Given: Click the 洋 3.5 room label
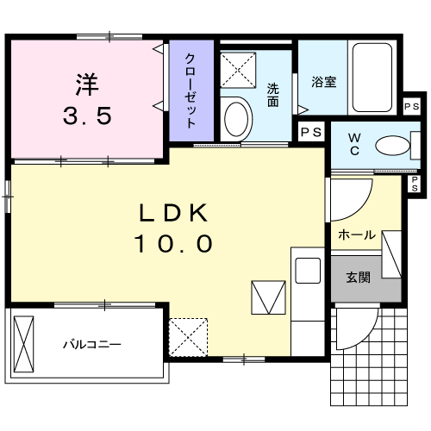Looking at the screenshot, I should click(85, 99).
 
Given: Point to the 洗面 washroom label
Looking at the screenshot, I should click(272, 95).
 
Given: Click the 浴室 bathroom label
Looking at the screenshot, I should click(323, 84).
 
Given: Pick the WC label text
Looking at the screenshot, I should click(354, 144).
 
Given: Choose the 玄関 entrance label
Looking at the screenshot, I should click(358, 278).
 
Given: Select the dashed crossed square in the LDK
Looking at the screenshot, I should click(189, 336).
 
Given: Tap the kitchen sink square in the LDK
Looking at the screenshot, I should click(307, 270).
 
